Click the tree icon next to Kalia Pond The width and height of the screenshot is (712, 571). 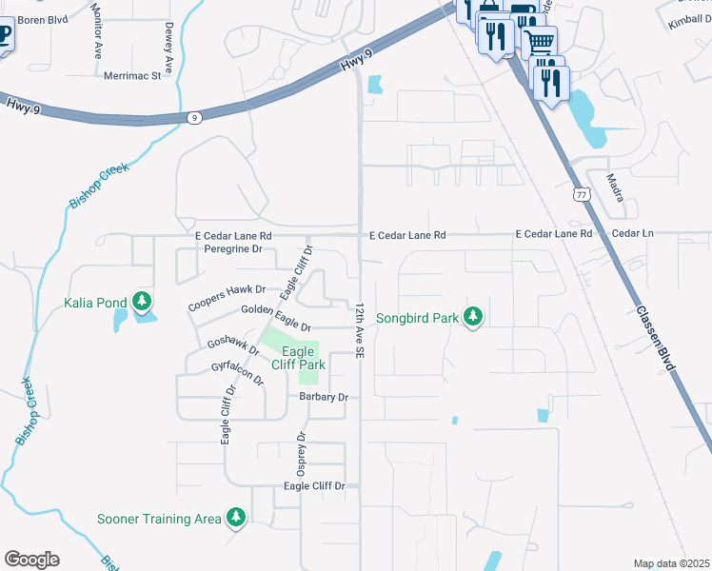pos(142,303)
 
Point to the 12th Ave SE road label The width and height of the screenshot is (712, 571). pos(361,331)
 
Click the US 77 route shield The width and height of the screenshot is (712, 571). pos(581,194)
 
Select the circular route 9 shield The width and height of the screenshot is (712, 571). pos(194,118)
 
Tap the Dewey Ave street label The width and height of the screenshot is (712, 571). pos(168,48)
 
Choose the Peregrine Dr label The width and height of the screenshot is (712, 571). pos(232,248)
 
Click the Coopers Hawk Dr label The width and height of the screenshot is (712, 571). pos(226,297)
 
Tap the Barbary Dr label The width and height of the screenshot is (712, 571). pos(324,397)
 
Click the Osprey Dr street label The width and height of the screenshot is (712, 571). pos(301,455)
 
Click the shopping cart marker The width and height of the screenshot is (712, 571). pos(540,41)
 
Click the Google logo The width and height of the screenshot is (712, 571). pos(31,560)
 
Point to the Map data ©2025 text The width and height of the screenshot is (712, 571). pos(671,563)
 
